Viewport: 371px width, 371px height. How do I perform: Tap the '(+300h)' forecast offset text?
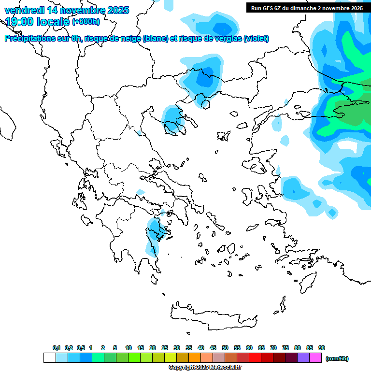tap(86, 22)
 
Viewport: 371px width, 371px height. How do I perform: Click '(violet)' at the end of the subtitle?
tap(257, 39)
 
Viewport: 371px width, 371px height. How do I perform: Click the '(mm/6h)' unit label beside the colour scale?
tap(337, 358)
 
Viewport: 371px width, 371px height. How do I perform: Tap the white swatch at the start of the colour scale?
tap(49, 358)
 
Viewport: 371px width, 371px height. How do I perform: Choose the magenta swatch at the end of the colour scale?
tap(315, 358)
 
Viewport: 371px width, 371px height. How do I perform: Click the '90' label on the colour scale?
tap(322, 348)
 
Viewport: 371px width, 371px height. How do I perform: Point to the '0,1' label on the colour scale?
tap(57, 348)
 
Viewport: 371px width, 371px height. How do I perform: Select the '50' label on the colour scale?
tap(225, 348)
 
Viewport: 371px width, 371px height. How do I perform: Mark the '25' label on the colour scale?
tap(165, 348)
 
